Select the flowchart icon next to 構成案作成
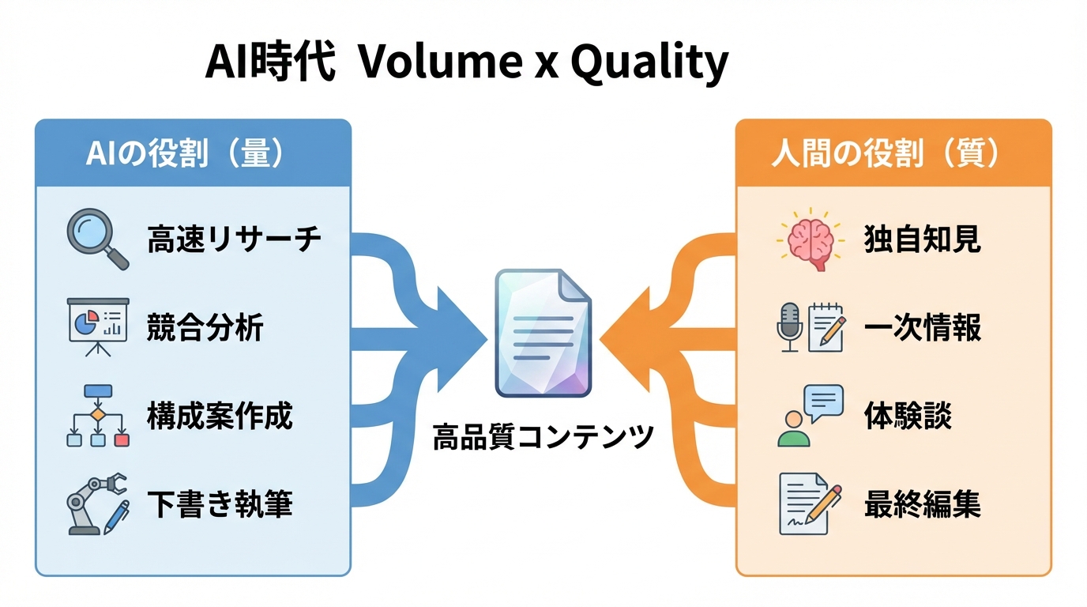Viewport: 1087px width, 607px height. pos(97,416)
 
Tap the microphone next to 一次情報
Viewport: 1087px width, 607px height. pos(790,326)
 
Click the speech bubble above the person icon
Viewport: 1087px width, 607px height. pos(822,402)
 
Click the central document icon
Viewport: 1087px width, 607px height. pos(543,333)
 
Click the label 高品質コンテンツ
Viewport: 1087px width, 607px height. pos(543,437)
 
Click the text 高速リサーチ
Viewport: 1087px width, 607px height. pos(235,239)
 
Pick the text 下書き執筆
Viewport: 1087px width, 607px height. pos(220,504)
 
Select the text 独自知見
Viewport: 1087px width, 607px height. pos(923,239)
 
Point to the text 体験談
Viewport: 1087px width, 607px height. pos(908,416)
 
